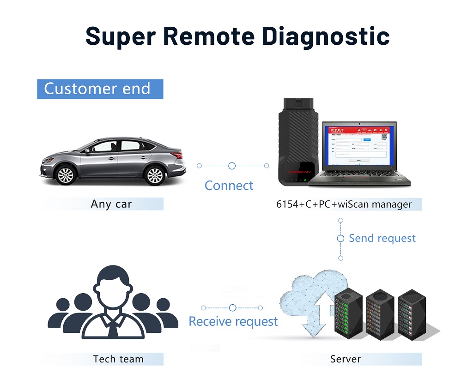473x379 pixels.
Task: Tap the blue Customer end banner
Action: pos(100,89)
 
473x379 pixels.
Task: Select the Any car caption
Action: pos(111,204)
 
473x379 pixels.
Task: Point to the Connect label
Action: pos(229,186)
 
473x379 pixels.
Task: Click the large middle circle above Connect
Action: pos(232,166)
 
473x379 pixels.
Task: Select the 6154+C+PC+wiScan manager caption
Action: pos(344,204)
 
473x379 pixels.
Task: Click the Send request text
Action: pos(382,238)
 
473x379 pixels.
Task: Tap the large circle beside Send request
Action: pos(341,239)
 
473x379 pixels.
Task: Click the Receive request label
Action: pos(233,321)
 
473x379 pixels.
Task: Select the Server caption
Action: pos(345,359)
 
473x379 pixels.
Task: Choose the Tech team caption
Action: pos(118,359)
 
